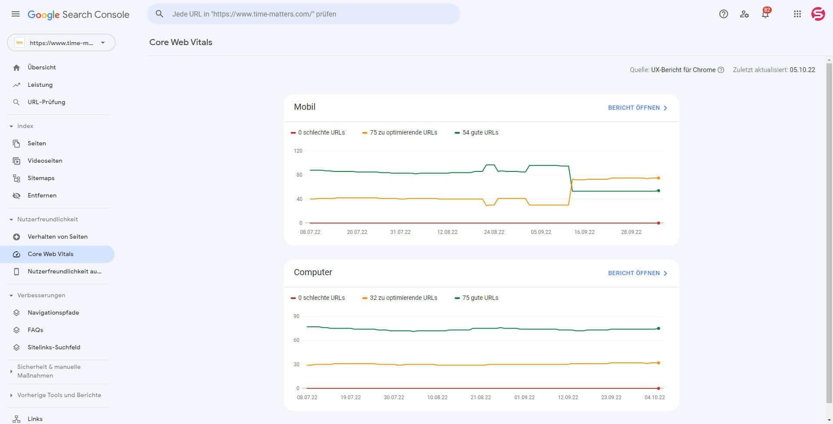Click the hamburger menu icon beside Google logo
[16, 14]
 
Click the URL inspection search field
[304, 14]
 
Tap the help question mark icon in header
[723, 14]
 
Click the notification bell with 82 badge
[765, 14]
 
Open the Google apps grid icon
[797, 14]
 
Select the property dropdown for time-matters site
[61, 43]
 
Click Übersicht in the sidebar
[42, 67]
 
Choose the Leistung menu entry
[40, 85]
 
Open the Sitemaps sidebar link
[41, 178]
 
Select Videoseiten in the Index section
[45, 161]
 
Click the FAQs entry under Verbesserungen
[35, 330]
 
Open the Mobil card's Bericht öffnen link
[637, 108]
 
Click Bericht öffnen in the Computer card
[637, 273]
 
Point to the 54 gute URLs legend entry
[480, 132]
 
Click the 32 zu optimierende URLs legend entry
[403, 298]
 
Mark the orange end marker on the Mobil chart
[659, 178]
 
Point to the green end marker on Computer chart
[659, 328]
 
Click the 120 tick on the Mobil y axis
[298, 151]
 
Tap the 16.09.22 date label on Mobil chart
[584, 232]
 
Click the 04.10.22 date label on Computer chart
[655, 398]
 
